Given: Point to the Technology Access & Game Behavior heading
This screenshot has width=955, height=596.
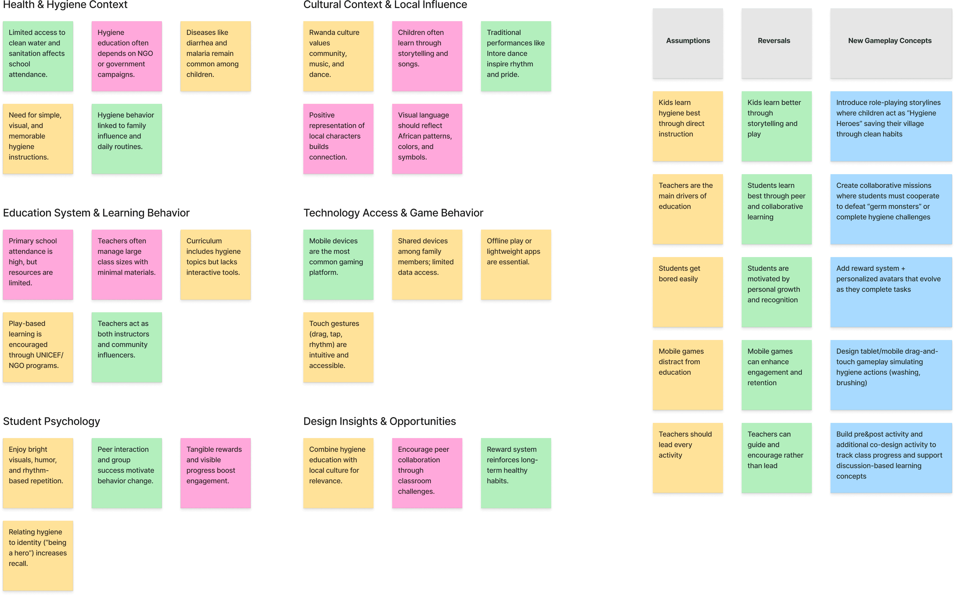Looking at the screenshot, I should point(393,213).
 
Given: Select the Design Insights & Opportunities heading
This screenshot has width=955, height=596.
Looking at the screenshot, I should point(379,421).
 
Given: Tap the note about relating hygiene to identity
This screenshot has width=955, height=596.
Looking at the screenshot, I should point(38,555).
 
